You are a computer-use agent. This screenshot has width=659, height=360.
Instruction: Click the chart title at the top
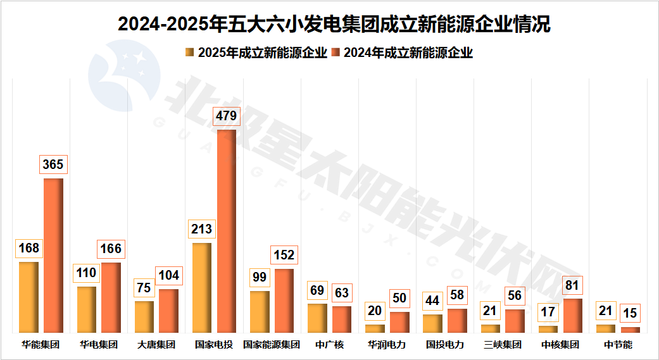(334, 23)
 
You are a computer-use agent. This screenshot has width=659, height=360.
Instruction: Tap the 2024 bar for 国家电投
(226, 231)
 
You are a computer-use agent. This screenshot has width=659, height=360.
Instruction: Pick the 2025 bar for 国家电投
(201, 288)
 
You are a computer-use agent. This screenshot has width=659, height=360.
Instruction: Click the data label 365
(53, 164)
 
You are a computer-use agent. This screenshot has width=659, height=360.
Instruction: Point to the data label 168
(28, 248)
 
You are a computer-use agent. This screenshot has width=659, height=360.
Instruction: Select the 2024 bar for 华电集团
(111, 297)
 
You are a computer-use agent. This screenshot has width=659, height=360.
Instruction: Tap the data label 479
(226, 116)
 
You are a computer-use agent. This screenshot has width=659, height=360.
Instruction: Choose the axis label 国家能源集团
(272, 345)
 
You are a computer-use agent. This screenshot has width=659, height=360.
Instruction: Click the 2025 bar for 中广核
(317, 318)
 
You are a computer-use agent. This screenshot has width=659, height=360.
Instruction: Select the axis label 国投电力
(445, 345)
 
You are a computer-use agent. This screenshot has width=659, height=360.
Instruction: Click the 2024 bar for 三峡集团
(515, 321)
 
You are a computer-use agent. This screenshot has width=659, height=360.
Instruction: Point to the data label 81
(572, 285)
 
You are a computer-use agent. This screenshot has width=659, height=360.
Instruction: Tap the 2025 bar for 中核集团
(548, 329)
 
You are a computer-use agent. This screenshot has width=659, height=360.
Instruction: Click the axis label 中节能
(618, 345)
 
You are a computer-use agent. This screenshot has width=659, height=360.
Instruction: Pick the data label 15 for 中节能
(630, 313)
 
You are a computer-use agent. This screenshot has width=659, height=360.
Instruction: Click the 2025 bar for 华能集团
(28, 297)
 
